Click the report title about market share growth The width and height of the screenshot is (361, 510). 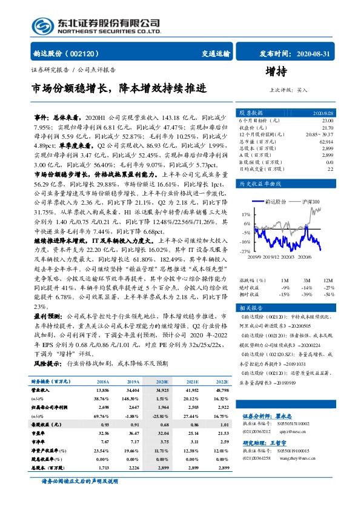click(x=118, y=88)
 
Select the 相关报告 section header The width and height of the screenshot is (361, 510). click(x=250, y=308)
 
